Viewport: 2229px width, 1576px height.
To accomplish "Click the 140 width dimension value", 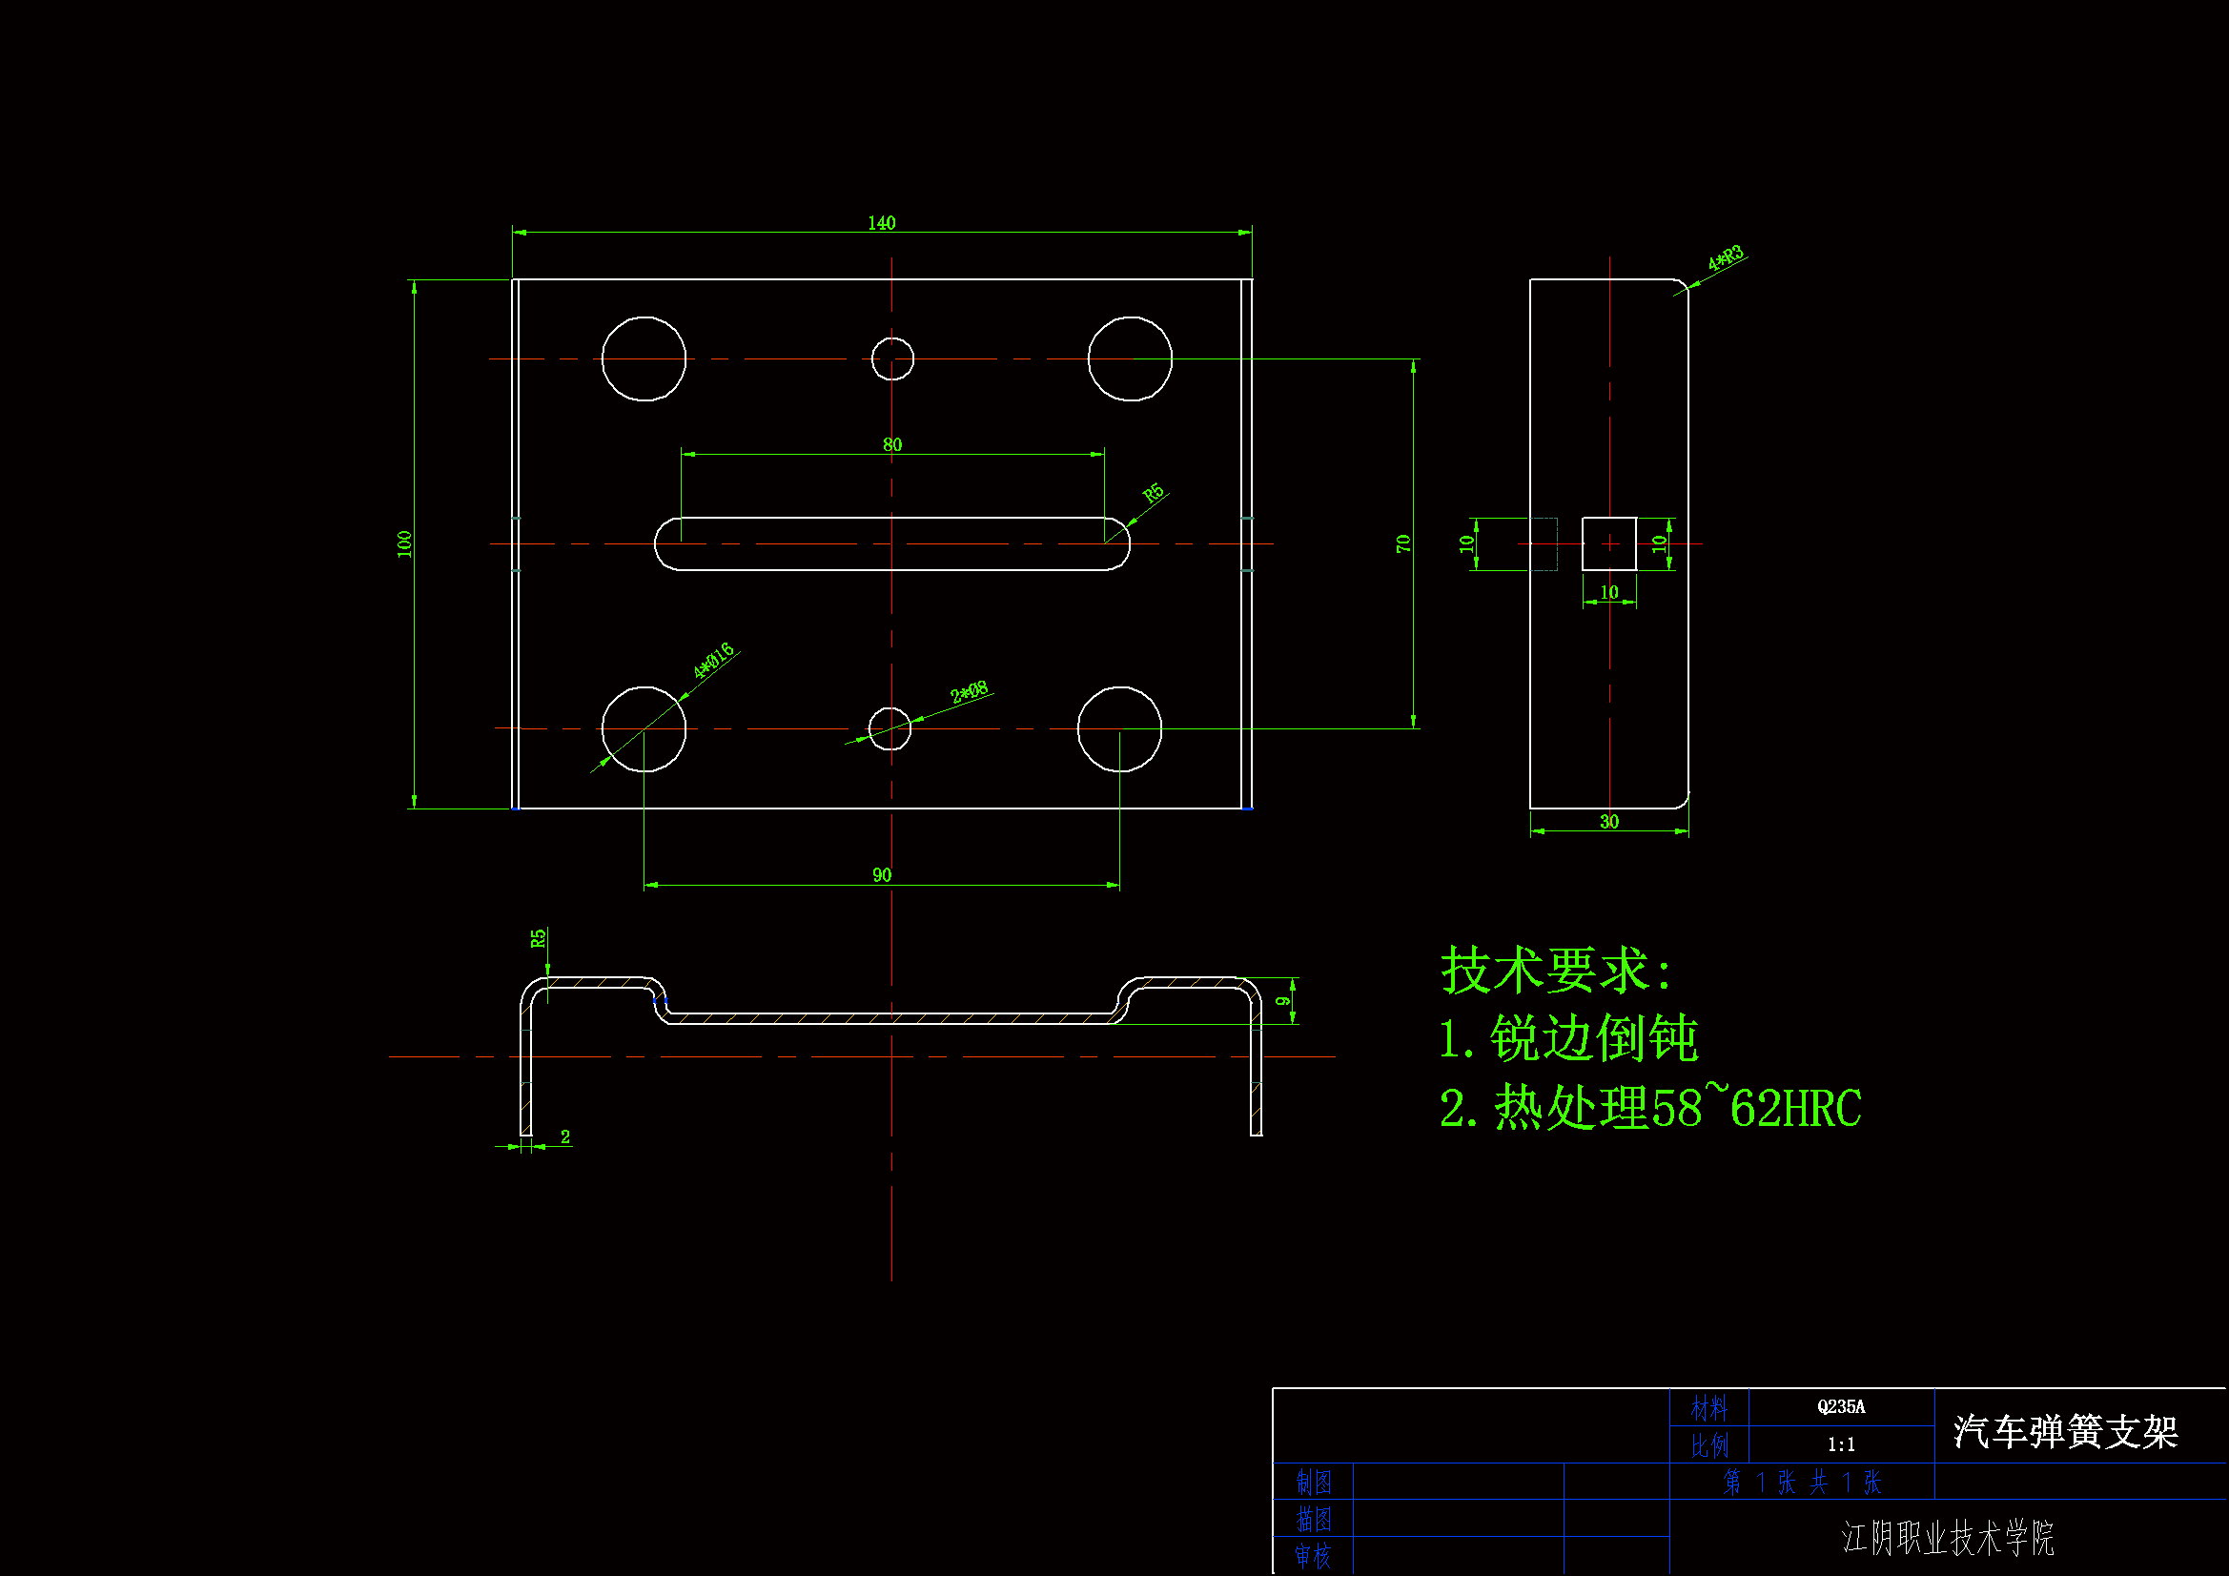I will (881, 222).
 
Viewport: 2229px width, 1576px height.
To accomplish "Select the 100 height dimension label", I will (405, 543).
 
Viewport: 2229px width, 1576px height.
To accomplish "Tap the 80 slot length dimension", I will (891, 443).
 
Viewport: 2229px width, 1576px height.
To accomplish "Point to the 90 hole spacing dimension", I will (881, 874).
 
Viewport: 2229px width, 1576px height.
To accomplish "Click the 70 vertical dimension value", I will (1402, 543).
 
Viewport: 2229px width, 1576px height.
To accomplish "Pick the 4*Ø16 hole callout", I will (713, 661).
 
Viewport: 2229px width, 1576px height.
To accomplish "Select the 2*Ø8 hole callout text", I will (968, 691).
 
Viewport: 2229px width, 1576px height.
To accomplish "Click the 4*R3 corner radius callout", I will (1726, 258).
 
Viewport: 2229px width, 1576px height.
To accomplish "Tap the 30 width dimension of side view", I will (1608, 822).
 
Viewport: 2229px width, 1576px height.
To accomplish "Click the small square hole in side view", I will (1608, 543).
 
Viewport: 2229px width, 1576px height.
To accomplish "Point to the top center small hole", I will (891, 358).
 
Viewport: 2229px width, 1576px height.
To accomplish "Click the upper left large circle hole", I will (643, 358).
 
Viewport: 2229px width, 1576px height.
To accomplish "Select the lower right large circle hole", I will (1118, 728).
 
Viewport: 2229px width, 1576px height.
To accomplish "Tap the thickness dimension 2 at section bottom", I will (565, 1136).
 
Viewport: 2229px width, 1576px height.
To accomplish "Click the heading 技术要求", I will (1555, 969).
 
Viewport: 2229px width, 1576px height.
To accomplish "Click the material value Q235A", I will (1840, 1406).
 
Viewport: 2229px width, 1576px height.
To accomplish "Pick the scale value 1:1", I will (1840, 1443).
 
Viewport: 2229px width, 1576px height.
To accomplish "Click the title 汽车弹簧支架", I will (2065, 1431).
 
